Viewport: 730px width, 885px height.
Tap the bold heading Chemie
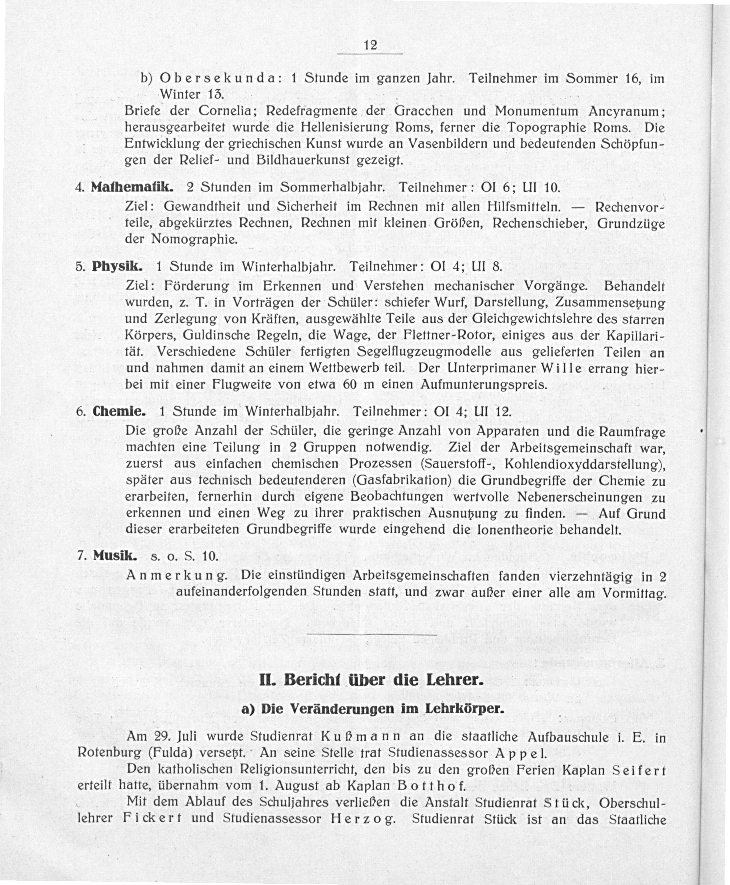point(119,411)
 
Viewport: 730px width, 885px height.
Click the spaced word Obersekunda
point(217,79)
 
